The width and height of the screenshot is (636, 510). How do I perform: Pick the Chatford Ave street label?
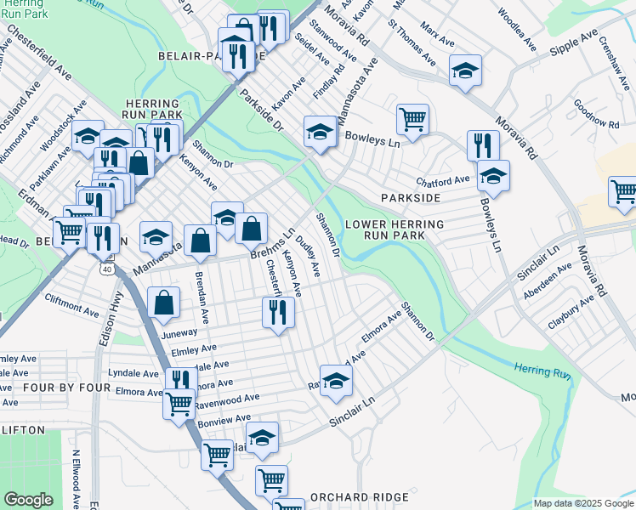click(x=443, y=181)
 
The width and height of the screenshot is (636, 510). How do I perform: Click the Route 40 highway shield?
click(x=105, y=269)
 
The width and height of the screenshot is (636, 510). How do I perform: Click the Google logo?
click(x=28, y=500)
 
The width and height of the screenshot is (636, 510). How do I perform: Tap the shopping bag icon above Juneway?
click(x=163, y=301)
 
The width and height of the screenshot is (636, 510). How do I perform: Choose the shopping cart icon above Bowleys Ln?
click(x=412, y=118)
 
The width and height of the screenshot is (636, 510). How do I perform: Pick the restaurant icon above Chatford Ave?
click(x=480, y=144)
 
